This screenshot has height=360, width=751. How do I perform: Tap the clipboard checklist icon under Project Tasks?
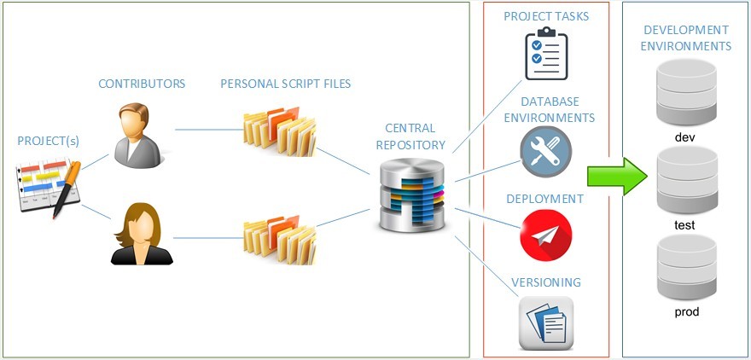click(546, 54)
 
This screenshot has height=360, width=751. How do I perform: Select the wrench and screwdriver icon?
click(545, 152)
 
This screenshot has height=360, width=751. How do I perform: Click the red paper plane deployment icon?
click(545, 235)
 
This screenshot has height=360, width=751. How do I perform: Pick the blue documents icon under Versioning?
click(545, 322)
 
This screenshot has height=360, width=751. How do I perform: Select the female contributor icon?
click(142, 235)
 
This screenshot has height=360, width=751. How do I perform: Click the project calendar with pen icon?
click(49, 185)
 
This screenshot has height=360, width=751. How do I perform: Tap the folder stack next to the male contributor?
click(279, 131)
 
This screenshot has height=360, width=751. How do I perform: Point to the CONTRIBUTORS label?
click(142, 84)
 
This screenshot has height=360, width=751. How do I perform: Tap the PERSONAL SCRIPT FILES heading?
click(285, 84)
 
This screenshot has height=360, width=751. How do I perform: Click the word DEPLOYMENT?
click(544, 199)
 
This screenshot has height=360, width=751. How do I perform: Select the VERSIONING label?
click(545, 282)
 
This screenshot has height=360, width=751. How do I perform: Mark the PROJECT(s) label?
click(49, 140)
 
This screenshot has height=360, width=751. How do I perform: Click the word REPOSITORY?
click(413, 145)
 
